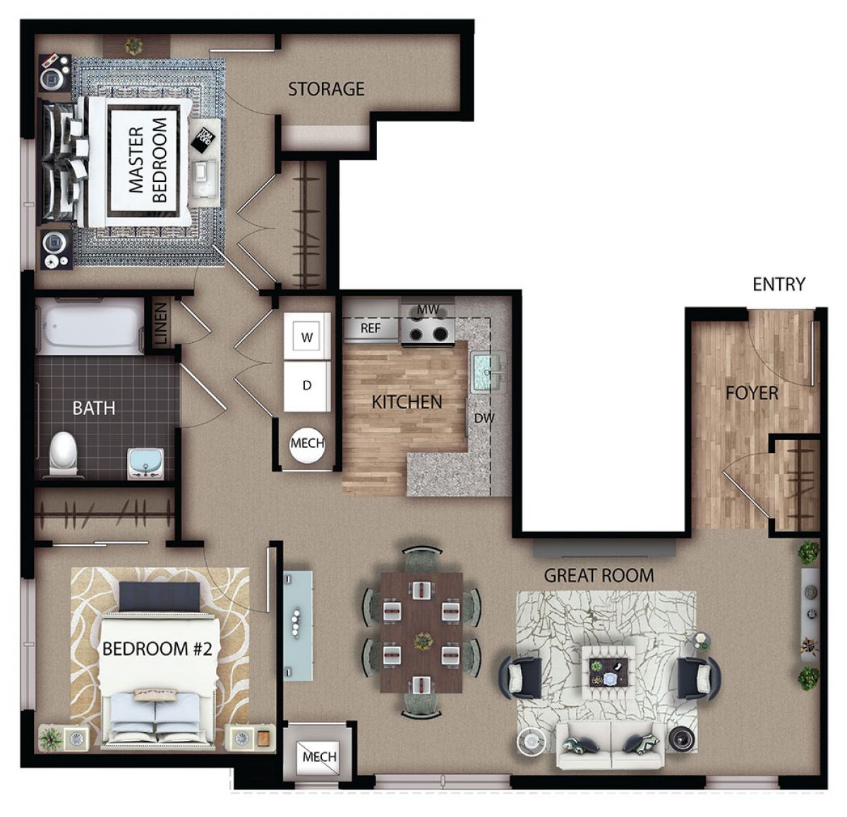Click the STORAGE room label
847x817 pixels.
[326, 89]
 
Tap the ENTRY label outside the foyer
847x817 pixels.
[779, 284]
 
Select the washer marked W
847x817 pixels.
[307, 337]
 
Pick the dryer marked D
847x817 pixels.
[307, 386]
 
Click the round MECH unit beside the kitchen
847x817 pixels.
[307, 443]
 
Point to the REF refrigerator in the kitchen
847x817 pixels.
[371, 329]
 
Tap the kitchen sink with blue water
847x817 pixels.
[488, 373]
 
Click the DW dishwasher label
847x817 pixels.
[484, 418]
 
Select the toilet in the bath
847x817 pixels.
[64, 452]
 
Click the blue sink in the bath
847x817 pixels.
[146, 465]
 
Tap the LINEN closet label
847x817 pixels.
[161, 324]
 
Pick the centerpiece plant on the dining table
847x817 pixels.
[422, 640]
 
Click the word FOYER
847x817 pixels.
[752, 393]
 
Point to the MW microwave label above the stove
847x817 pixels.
[428, 310]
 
